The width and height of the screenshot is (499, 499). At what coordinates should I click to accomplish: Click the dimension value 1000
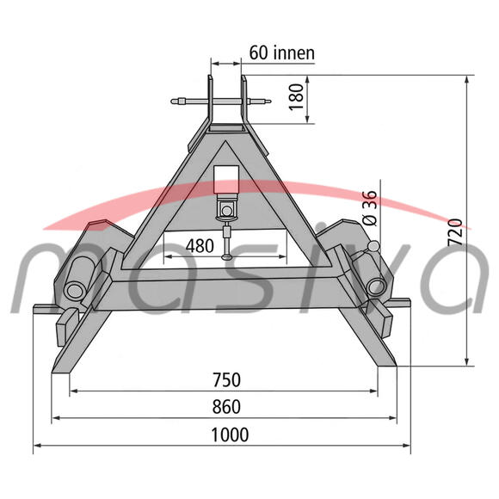(230, 434)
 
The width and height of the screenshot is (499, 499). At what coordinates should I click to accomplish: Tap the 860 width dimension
(226, 407)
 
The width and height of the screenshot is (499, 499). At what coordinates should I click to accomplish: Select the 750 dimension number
(226, 380)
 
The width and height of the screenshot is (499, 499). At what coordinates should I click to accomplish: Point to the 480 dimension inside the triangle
(200, 246)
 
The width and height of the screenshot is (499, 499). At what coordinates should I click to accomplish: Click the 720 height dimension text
(455, 232)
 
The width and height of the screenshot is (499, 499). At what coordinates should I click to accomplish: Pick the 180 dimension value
(296, 96)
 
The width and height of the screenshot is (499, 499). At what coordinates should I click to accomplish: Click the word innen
(293, 53)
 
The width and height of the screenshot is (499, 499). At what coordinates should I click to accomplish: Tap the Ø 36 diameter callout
(369, 208)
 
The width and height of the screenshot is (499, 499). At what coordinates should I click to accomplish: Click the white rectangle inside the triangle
(226, 180)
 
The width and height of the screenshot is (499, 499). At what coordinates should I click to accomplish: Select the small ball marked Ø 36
(373, 246)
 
